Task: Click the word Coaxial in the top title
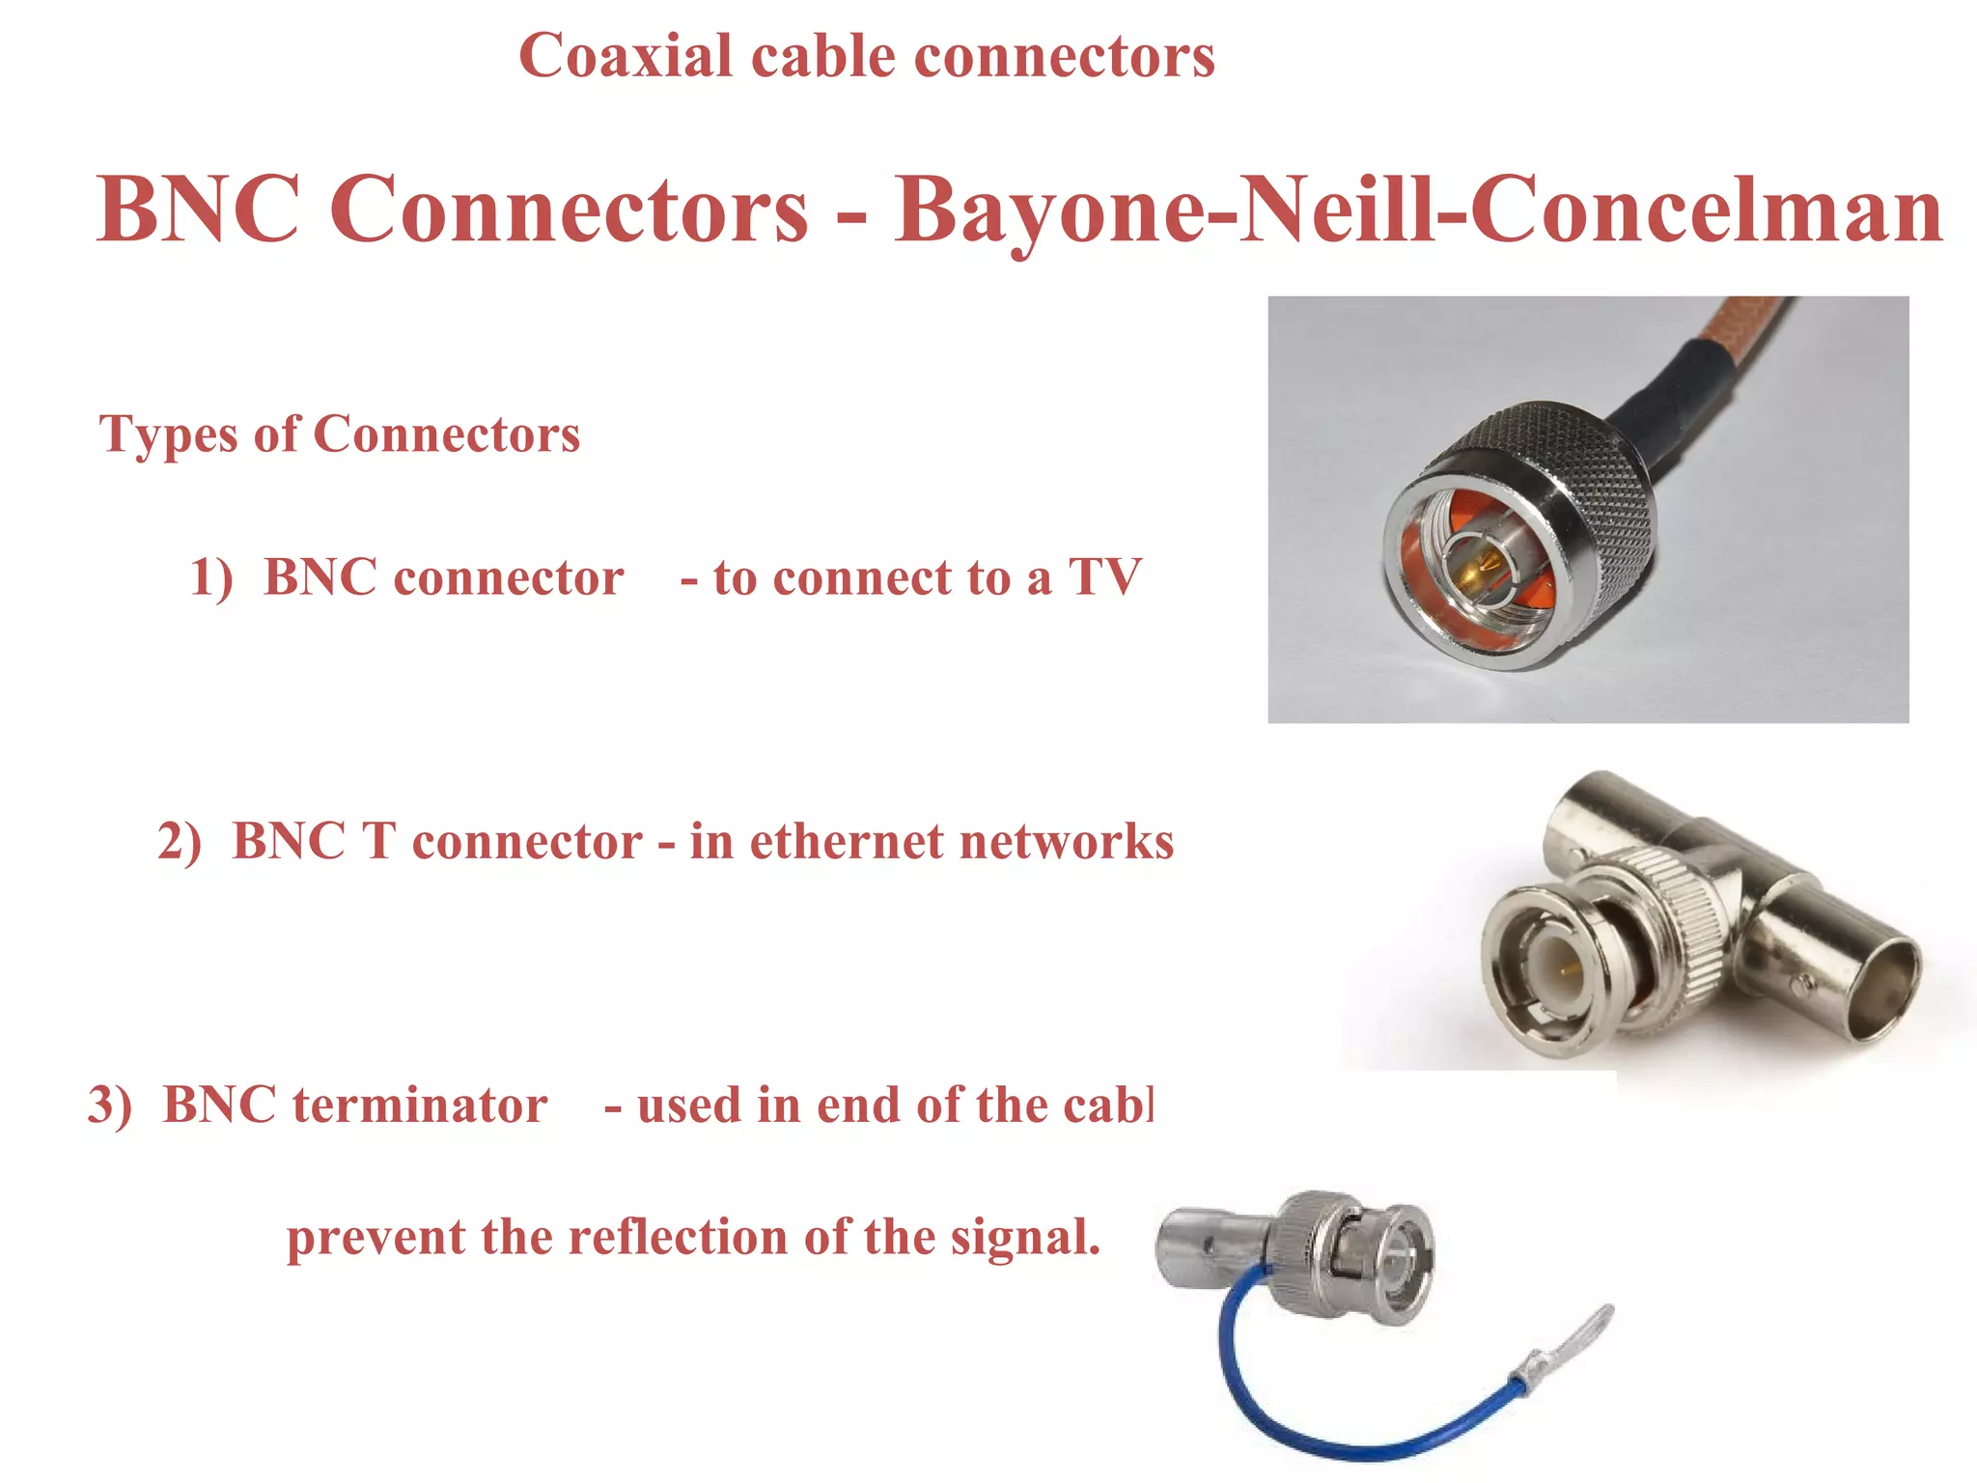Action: tap(626, 56)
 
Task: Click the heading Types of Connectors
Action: tap(340, 434)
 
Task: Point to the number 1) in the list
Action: tap(211, 578)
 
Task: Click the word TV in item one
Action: tap(1104, 577)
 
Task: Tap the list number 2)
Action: tap(180, 841)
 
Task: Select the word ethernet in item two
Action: tap(846, 841)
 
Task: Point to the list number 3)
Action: tap(109, 1105)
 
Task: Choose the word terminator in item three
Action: tap(420, 1105)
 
